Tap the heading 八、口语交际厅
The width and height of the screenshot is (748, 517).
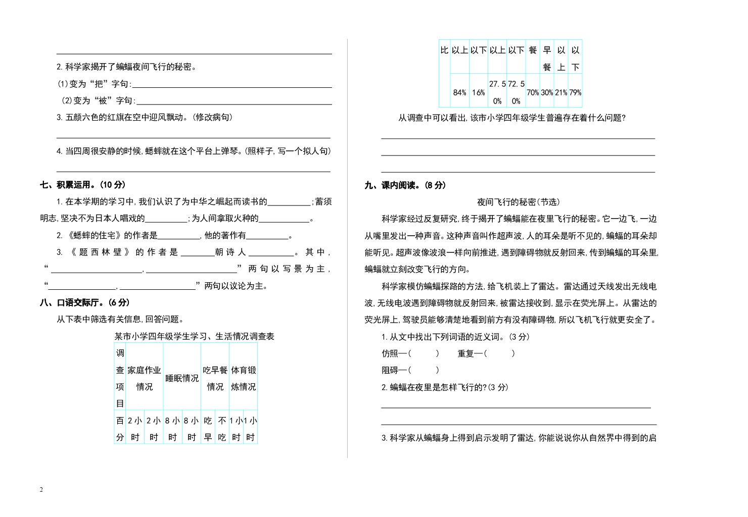(85, 302)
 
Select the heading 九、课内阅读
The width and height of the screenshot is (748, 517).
(405, 185)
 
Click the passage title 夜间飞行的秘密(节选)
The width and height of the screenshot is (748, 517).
(519, 202)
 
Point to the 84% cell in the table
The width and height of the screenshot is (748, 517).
(459, 92)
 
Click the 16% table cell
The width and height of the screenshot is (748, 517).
(479, 92)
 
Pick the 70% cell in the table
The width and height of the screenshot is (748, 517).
(533, 92)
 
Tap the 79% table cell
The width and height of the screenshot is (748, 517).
(575, 92)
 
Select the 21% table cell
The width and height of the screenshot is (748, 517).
(561, 92)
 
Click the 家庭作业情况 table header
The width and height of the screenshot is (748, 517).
(144, 378)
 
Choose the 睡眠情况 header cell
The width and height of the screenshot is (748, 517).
(182, 378)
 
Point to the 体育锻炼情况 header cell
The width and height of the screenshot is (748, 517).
(244, 378)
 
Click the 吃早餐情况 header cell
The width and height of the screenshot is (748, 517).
(215, 378)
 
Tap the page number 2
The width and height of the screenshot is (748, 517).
(41, 490)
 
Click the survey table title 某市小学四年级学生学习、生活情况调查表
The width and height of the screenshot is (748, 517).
(194, 336)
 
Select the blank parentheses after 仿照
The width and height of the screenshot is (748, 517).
(424, 353)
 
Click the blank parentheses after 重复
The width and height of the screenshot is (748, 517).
(499, 353)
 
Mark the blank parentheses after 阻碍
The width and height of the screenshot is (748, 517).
(424, 370)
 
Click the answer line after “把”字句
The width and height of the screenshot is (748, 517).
(231, 84)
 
